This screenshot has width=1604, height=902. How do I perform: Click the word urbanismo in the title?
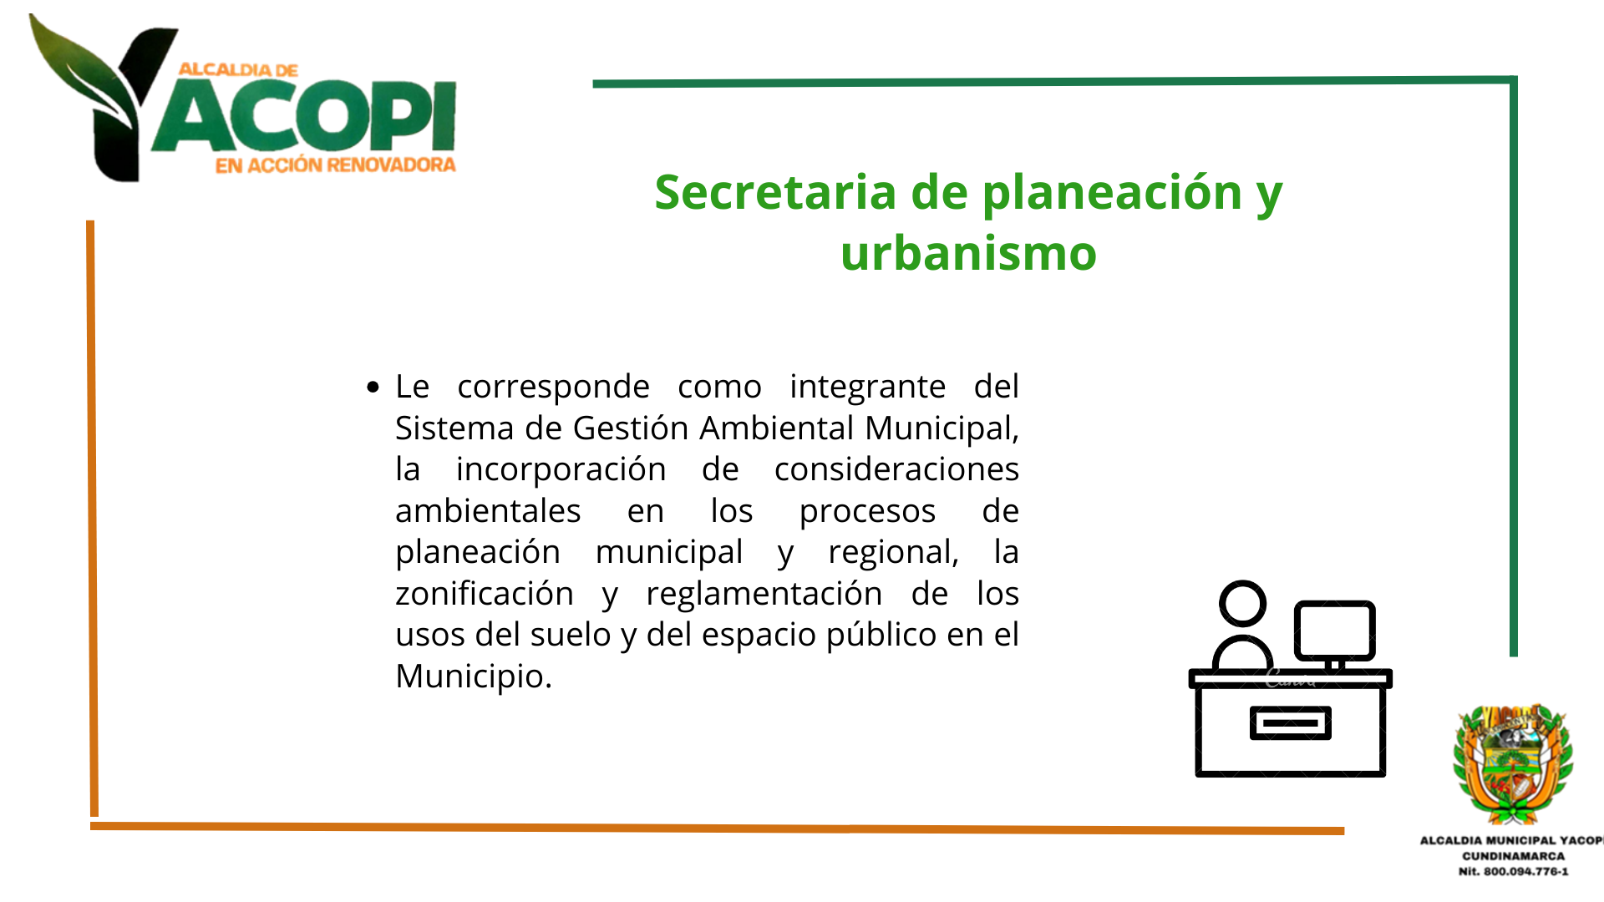(968, 253)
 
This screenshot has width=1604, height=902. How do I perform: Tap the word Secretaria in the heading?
(775, 192)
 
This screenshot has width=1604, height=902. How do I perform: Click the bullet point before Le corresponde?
(373, 387)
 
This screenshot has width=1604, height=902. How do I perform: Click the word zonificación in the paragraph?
(485, 593)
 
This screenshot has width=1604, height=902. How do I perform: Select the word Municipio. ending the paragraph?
(474, 677)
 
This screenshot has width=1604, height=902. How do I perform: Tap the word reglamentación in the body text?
(764, 595)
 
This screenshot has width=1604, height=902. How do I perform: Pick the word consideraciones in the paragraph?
(896, 469)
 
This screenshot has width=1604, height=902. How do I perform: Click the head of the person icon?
(1242, 603)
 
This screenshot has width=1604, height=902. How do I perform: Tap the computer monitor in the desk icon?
(1334, 631)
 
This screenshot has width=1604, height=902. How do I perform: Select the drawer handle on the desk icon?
(1290, 723)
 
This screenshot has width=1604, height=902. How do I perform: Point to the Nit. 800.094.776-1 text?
(1513, 871)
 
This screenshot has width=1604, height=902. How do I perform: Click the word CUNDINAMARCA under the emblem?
(1513, 856)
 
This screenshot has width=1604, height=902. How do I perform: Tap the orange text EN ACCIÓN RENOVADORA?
(336, 165)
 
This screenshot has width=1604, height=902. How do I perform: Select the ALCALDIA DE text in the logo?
(238, 70)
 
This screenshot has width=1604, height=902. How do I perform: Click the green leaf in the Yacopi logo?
(79, 71)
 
